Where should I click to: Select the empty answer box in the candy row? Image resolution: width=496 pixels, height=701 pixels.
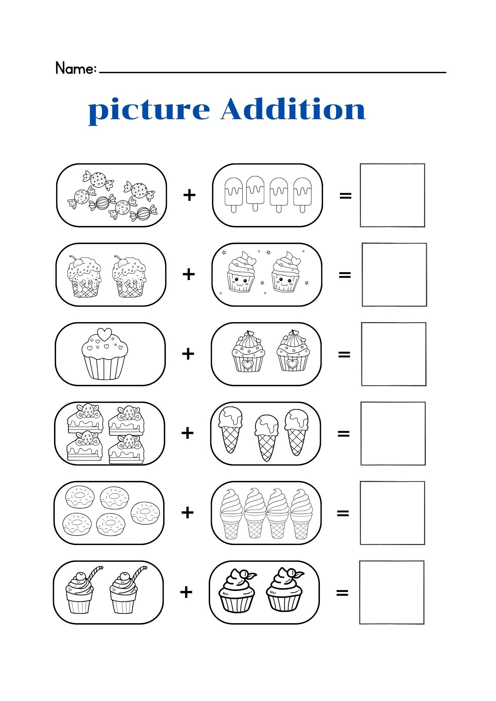(x=392, y=195)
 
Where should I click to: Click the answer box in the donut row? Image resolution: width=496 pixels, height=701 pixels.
(x=392, y=513)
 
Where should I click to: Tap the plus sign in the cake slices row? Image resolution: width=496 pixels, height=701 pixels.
(x=188, y=433)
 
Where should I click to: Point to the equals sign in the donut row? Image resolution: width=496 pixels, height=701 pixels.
(x=343, y=513)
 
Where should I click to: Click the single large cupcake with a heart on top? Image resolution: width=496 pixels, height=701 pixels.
(x=105, y=354)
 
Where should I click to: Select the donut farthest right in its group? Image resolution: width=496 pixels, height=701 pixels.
(x=145, y=512)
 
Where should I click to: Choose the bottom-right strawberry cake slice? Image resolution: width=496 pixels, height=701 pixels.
(x=126, y=449)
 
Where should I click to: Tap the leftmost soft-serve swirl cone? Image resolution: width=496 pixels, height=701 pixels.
(x=231, y=513)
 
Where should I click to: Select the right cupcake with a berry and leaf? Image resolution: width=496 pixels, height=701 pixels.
(x=284, y=590)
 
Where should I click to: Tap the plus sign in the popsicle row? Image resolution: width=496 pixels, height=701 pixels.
(x=189, y=195)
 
